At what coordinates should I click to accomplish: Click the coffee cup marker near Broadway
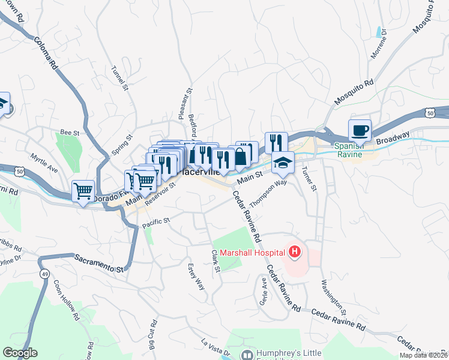tap(360, 131)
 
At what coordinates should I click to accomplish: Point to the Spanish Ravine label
tap(348, 150)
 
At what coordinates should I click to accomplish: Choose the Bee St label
tap(70, 133)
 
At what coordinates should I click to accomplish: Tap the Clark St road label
tap(215, 260)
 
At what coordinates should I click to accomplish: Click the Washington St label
tap(334, 298)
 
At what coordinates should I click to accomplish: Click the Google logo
tap(20, 353)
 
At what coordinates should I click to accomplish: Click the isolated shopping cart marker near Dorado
tap(83, 192)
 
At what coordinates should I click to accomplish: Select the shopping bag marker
tap(240, 157)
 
